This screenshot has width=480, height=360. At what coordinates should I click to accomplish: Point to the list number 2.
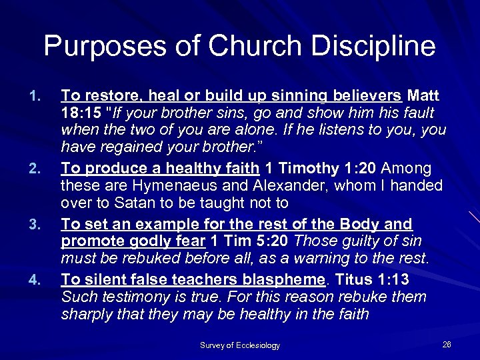click(37, 169)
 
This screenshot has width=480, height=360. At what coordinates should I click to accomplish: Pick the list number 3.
click(37, 225)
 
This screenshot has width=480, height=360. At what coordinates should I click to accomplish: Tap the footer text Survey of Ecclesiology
click(239, 345)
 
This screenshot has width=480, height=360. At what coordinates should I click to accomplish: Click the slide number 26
click(447, 344)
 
